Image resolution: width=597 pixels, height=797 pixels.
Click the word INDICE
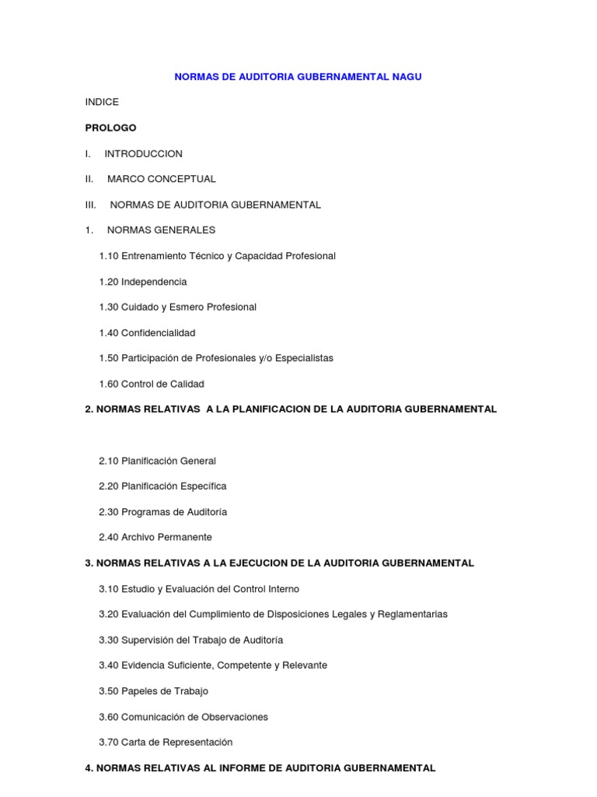tap(102, 102)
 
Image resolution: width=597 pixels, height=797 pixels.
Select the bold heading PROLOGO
tap(110, 128)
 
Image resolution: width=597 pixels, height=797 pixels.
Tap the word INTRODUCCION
tap(144, 153)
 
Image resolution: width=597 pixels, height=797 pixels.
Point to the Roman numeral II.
tap(89, 179)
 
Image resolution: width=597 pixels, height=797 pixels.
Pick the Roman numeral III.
tap(90, 205)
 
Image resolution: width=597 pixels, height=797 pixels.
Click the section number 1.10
tap(109, 256)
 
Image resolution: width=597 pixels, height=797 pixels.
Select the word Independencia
tap(154, 282)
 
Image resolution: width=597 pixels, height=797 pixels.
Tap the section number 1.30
tap(109, 307)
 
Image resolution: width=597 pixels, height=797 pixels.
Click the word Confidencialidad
tap(158, 333)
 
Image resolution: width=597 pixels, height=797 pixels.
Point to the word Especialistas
tap(299, 358)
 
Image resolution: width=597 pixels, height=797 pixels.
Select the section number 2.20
tap(109, 486)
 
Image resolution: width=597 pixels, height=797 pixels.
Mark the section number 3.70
tap(109, 743)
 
